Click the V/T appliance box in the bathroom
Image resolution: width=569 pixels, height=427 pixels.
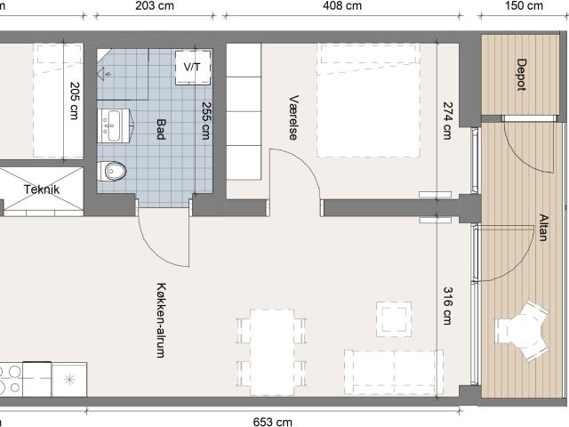193,68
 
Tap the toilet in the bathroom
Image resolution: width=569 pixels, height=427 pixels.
112,171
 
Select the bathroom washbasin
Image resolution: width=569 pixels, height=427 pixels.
114,125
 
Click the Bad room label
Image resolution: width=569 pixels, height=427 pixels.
161,129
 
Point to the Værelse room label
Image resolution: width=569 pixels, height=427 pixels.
294,117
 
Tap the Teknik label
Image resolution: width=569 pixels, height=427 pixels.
42,189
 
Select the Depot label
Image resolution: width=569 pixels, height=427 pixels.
522,75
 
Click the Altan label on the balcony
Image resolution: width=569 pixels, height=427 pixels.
543,228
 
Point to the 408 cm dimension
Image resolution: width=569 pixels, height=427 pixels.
342,6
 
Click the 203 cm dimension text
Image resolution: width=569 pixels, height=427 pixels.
155,6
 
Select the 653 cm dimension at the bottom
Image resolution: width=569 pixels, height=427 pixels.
273,422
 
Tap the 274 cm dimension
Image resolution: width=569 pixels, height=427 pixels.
448,121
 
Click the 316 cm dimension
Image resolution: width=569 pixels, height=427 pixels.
448,306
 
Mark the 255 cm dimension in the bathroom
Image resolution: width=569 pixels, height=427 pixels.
206,121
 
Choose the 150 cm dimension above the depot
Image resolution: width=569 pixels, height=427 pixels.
524,6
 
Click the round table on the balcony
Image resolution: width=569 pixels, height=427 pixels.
522,330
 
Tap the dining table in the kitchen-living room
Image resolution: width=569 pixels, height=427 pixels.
272,352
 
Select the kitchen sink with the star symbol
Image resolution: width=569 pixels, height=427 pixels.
69,380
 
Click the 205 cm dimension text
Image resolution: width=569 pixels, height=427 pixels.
75,101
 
